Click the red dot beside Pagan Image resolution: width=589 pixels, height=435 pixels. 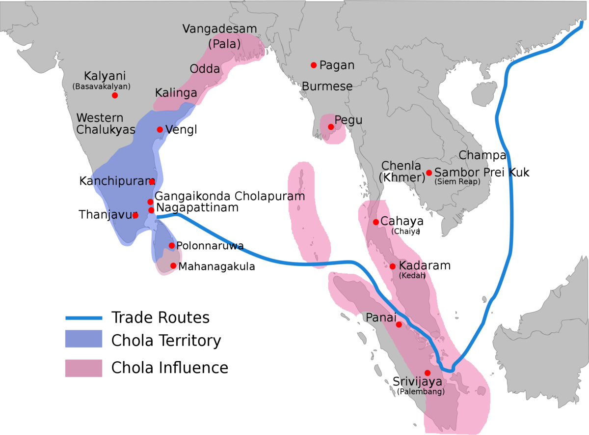313,65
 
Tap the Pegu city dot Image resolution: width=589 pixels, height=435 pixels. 331,127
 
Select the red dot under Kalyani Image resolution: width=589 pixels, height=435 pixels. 115,95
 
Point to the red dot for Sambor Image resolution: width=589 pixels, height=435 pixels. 429,173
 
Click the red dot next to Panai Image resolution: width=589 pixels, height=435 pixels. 399,324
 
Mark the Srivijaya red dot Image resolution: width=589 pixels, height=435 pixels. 428,373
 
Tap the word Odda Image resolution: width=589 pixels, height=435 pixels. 205,69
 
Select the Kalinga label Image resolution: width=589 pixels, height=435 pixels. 176,93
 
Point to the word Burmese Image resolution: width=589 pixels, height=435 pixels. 327,87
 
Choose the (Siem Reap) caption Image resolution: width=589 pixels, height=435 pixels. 457,182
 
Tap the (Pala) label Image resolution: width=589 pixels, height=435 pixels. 224,44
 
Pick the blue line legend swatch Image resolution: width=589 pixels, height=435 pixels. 83,318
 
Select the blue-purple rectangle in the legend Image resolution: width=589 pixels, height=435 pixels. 83,339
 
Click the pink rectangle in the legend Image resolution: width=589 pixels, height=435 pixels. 83,368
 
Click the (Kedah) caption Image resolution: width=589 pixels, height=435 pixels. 412,276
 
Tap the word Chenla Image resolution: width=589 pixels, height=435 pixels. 401,166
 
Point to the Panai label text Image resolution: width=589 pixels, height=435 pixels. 381,318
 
